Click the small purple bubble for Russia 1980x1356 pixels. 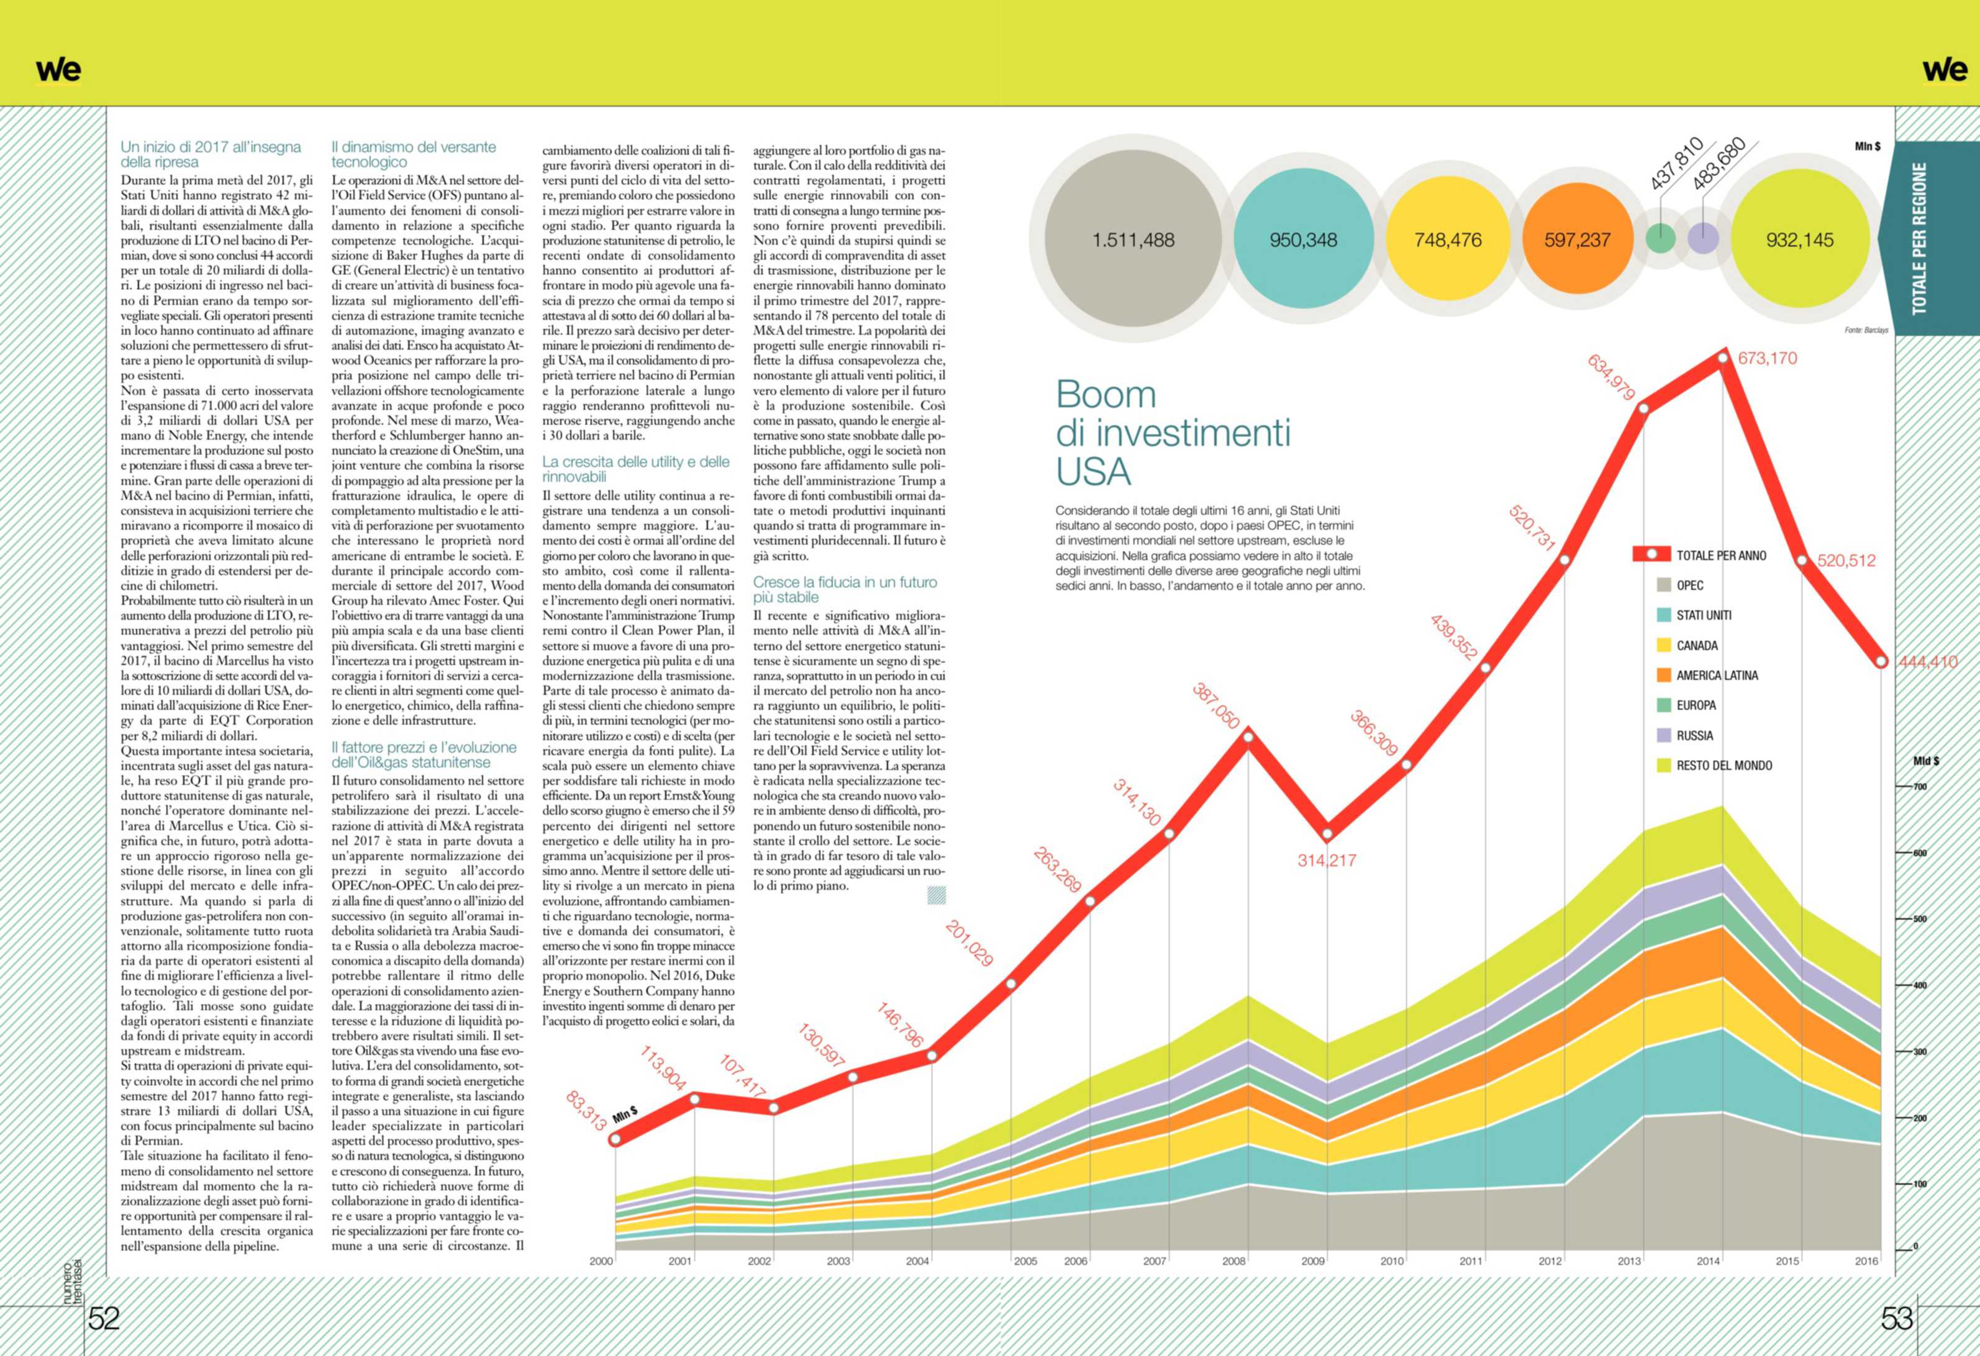(1703, 238)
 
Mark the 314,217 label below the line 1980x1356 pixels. (1327, 861)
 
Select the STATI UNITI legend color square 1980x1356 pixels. (1663, 615)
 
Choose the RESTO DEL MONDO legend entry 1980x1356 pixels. (1723, 766)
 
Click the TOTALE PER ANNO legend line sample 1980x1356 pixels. (1651, 554)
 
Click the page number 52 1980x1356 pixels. (104, 1319)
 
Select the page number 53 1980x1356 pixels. (1897, 1319)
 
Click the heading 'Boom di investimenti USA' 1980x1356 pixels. (1173, 433)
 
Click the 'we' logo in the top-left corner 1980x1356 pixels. (58, 70)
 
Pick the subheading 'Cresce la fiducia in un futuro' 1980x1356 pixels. (844, 582)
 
